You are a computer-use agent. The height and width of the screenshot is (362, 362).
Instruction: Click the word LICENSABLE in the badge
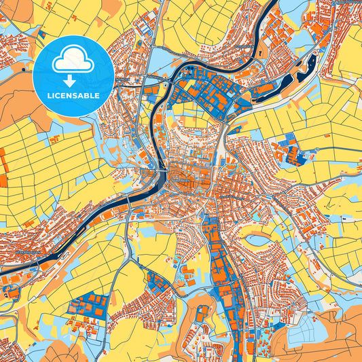click(73, 96)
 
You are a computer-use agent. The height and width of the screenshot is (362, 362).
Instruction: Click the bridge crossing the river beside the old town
click(162, 178)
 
